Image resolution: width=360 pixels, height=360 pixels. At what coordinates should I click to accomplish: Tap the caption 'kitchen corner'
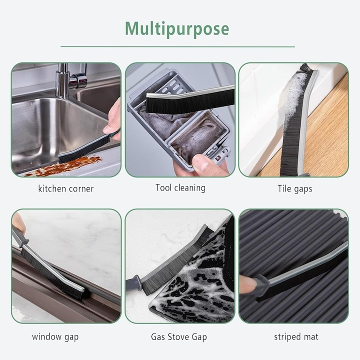pyautogui.click(x=66, y=189)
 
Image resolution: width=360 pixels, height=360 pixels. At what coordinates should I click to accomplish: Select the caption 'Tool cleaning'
pyautogui.click(x=180, y=188)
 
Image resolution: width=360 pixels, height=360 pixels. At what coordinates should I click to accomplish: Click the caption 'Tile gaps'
pyautogui.click(x=295, y=189)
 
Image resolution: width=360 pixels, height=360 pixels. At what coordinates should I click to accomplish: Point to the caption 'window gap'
pyautogui.click(x=55, y=336)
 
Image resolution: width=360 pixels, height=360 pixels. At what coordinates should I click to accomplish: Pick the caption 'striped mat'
pyautogui.click(x=296, y=336)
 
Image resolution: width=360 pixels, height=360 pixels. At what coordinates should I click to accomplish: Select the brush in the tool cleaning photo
pyautogui.click(x=190, y=98)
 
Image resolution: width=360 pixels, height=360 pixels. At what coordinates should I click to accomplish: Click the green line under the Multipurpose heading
pyautogui.click(x=177, y=47)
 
